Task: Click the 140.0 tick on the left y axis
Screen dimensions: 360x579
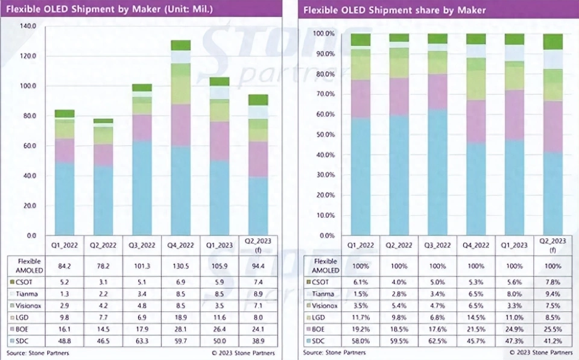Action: click(x=28, y=27)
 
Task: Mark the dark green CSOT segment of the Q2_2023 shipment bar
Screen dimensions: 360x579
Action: click(x=258, y=100)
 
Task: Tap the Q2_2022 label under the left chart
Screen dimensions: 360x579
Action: click(x=103, y=245)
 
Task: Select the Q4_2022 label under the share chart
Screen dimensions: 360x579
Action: click(x=476, y=245)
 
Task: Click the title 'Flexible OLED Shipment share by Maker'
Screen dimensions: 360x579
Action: click(x=394, y=10)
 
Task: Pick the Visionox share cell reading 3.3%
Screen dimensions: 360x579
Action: click(x=514, y=305)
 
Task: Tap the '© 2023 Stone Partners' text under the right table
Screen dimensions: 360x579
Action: click(x=540, y=352)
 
